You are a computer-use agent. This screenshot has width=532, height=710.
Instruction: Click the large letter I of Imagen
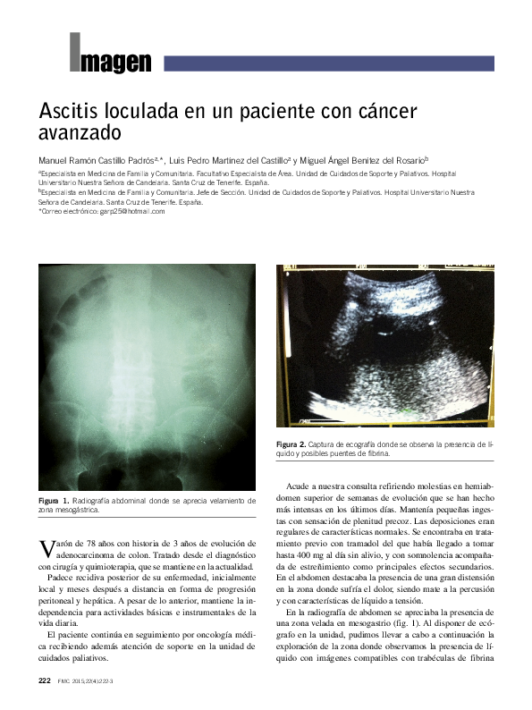click(x=75, y=52)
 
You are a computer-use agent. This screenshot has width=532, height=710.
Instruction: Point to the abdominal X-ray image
click(x=148, y=376)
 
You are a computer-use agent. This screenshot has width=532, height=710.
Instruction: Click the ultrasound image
click(x=384, y=344)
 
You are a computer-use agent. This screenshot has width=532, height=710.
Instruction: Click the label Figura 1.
click(x=54, y=500)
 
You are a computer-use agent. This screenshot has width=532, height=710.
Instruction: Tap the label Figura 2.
click(x=291, y=444)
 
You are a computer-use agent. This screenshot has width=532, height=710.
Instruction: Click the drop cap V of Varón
click(x=46, y=550)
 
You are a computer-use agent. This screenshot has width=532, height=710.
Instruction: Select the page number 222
click(x=44, y=681)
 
